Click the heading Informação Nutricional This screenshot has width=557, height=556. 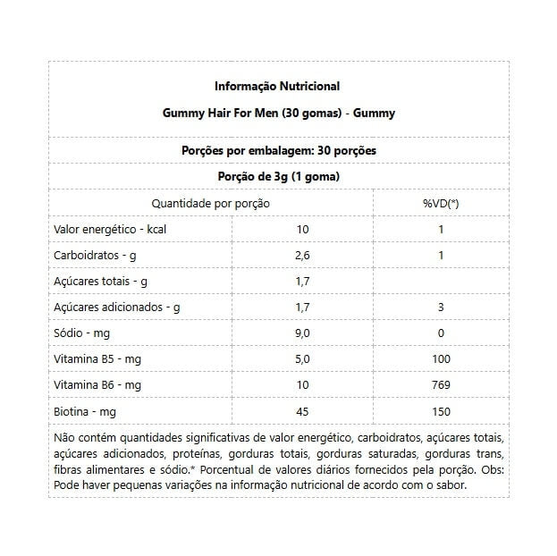[277, 87]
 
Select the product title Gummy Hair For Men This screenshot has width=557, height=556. [277, 114]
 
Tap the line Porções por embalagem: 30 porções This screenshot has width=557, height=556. [277, 150]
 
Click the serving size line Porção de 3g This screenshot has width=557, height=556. [277, 177]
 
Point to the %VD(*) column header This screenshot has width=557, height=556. [441, 203]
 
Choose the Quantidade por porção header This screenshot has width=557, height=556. [210, 203]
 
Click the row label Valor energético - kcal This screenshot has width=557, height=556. [111, 229]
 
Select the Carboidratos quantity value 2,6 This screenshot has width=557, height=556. [302, 256]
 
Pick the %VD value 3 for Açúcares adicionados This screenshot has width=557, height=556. [441, 307]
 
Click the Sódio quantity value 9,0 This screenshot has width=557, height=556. [302, 333]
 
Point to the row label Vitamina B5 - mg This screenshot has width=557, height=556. [98, 359]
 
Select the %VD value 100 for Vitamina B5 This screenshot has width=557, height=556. [441, 359]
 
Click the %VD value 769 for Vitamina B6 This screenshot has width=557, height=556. [441, 385]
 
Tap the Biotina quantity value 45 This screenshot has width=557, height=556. [302, 411]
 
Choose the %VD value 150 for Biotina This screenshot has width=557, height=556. [441, 411]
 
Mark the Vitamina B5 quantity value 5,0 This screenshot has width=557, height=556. [302, 359]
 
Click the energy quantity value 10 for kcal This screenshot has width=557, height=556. [302, 229]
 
